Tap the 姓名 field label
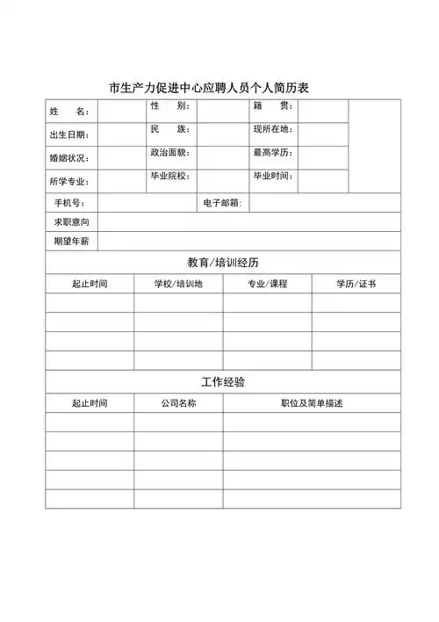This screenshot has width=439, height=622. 69,112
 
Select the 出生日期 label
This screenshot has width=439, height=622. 69,135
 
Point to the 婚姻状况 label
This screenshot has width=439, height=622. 69,158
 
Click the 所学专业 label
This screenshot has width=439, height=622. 69,182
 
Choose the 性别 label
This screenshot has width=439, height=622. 170,106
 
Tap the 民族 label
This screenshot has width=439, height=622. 170,129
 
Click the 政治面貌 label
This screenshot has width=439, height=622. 170,153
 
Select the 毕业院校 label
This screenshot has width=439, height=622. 170,176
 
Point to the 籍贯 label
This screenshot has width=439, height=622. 273,106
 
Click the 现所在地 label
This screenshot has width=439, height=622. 273,129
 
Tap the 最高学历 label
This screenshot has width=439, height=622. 273,153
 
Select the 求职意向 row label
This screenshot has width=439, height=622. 71,221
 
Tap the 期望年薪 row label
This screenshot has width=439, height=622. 71,241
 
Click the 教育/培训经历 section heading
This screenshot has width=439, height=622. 223,263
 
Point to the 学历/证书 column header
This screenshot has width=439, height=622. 356,285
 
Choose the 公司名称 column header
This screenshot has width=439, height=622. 178,403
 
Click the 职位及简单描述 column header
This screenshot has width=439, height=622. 312,403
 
